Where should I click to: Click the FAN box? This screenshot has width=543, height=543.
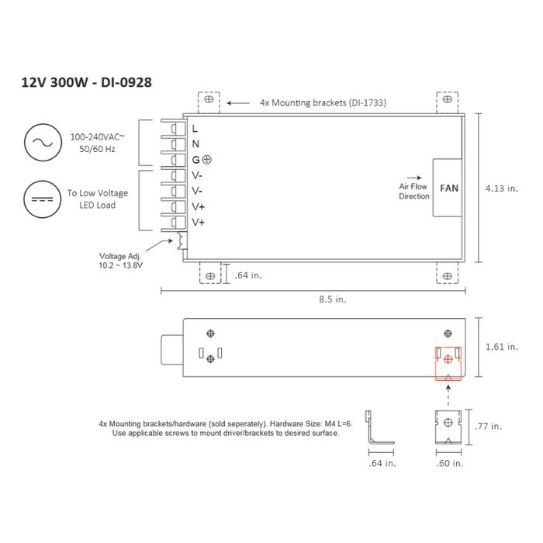pos(449,188)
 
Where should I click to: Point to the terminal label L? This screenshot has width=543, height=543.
pos(195,127)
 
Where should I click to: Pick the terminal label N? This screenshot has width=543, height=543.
pos(195,144)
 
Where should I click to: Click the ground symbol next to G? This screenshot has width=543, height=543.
pos(207,160)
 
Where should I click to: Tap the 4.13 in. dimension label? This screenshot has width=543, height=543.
pos(500,188)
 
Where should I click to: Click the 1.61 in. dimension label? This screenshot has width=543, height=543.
pos(500,347)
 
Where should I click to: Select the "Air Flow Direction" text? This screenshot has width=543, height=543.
pos(414,191)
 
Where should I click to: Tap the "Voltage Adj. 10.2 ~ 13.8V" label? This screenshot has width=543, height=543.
pos(120,261)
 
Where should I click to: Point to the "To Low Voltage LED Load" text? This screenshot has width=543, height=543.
pos(97,199)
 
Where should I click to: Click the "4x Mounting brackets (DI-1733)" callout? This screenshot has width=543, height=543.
pos(323,102)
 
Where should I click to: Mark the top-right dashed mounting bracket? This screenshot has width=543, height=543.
pos(447,102)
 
